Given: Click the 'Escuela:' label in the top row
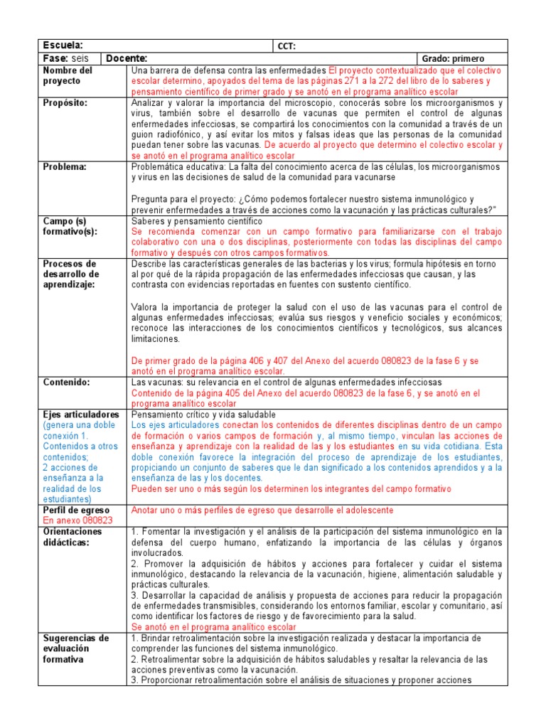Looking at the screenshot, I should click(63, 45).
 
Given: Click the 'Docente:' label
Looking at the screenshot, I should click(127, 58).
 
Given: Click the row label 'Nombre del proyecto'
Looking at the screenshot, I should click(68, 76).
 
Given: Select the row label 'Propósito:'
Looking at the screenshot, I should click(65, 102).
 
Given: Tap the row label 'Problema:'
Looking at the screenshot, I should click(64, 166).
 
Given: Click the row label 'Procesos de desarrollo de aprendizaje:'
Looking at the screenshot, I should click(72, 274).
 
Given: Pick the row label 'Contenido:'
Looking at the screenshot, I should click(66, 382).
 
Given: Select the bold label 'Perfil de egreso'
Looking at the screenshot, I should click(76, 510).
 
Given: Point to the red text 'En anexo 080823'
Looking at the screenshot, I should click(78, 520).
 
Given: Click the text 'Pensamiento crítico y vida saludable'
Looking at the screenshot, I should click(203, 414).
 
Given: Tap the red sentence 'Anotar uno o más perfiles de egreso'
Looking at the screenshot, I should click(262, 510).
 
